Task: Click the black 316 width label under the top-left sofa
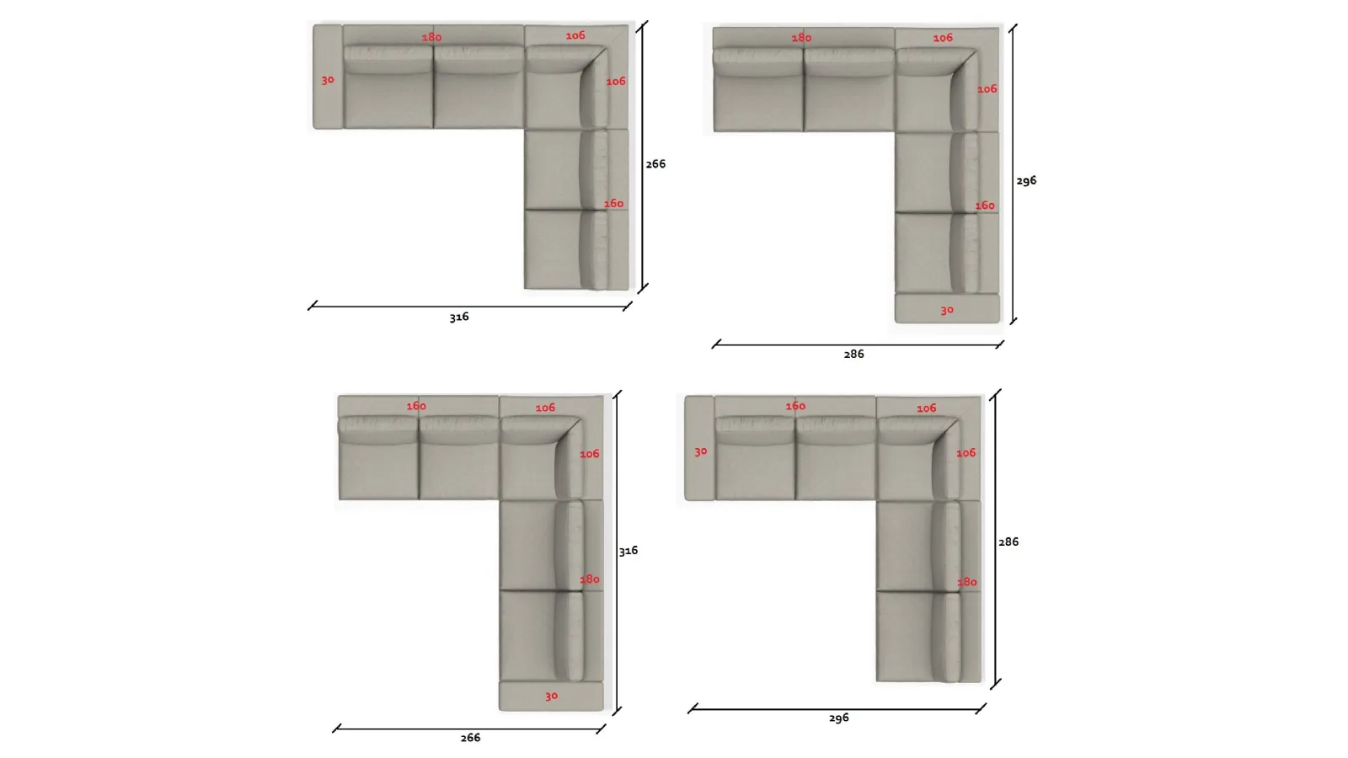(x=459, y=317)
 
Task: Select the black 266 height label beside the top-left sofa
(x=655, y=163)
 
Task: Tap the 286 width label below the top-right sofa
(x=853, y=354)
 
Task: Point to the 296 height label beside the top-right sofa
(x=1026, y=180)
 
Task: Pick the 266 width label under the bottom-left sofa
(x=470, y=738)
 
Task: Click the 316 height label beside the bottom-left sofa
(x=629, y=551)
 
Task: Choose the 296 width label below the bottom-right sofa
(x=838, y=718)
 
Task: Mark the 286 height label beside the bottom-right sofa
(x=1008, y=542)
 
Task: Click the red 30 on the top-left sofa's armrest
(x=328, y=79)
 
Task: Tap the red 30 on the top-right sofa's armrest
(x=947, y=311)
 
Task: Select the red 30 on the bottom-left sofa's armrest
(x=551, y=696)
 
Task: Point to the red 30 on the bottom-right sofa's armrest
(x=700, y=451)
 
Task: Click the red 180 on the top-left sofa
(x=431, y=37)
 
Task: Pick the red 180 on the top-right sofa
(x=801, y=38)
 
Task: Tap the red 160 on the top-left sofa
(x=613, y=203)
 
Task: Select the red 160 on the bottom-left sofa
(x=416, y=406)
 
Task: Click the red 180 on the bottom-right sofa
(x=966, y=582)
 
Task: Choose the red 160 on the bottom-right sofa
(x=795, y=406)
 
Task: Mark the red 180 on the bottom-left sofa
(x=589, y=579)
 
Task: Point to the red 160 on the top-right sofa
(x=985, y=206)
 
